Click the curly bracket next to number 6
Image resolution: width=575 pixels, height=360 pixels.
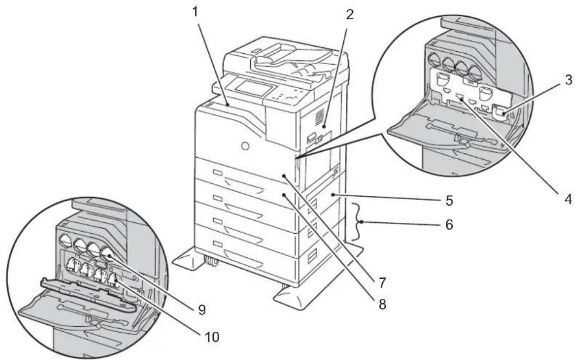[358, 221]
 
